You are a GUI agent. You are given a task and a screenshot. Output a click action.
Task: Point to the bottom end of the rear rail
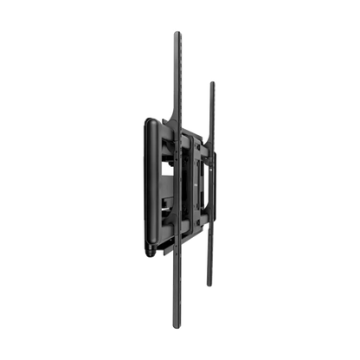209,285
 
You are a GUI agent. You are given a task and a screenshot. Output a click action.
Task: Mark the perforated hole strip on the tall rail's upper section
177,78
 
